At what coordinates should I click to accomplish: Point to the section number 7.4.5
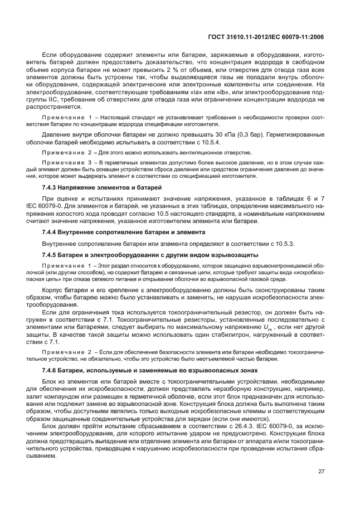[x=52, y=255]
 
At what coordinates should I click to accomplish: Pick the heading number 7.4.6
[x=52, y=371]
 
